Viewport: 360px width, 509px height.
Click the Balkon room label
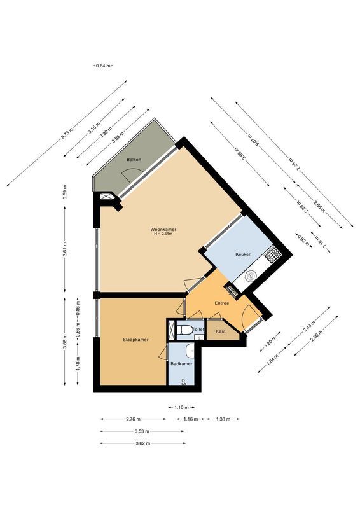[x=133, y=160]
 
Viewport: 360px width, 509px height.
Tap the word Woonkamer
[x=163, y=229]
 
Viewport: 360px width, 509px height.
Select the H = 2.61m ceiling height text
[x=163, y=234]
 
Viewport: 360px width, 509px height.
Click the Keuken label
[x=244, y=254]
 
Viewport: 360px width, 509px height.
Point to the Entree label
[x=221, y=303]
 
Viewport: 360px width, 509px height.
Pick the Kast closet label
[x=221, y=331]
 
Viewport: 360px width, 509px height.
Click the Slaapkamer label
[x=135, y=340]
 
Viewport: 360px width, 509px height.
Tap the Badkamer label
[x=181, y=363]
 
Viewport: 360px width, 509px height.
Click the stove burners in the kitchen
[x=273, y=255]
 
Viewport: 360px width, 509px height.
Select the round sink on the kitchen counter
[x=251, y=277]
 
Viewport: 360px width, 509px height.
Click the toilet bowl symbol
[x=185, y=330]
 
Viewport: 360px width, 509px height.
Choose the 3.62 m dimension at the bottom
[x=142, y=443]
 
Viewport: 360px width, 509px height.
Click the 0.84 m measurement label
[x=103, y=66]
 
